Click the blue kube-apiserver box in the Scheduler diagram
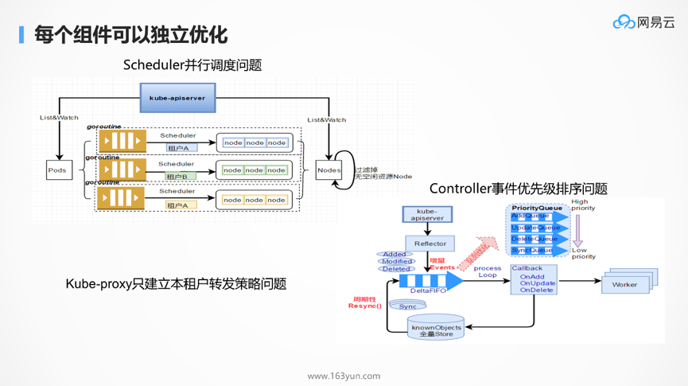click(177, 98)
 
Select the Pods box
click(57, 170)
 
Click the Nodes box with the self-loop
click(328, 170)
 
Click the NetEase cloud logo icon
click(624, 22)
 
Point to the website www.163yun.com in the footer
click(344, 376)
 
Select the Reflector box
click(430, 244)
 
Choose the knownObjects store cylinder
click(436, 327)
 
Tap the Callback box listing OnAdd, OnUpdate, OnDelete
click(534, 280)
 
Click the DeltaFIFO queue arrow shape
click(430, 281)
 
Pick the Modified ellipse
click(396, 261)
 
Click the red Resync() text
click(365, 306)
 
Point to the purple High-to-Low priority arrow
click(578, 231)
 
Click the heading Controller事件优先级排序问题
click(518, 189)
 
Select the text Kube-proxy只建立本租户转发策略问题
click(176, 283)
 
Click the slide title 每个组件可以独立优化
click(130, 34)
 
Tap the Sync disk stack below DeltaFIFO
click(407, 306)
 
